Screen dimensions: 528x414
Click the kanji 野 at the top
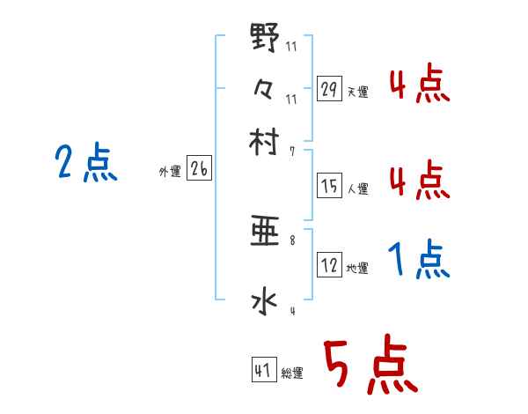[x=265, y=41]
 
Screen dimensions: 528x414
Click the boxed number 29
[x=329, y=88]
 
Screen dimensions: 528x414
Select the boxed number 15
[x=329, y=186]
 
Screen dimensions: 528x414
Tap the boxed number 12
[x=329, y=266]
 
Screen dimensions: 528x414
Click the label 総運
[x=292, y=373]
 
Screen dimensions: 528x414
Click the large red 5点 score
[x=370, y=365]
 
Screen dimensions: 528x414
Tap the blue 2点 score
[x=85, y=163]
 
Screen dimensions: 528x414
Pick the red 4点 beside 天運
[x=419, y=85]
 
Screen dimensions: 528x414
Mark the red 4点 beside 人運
[x=419, y=181]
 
